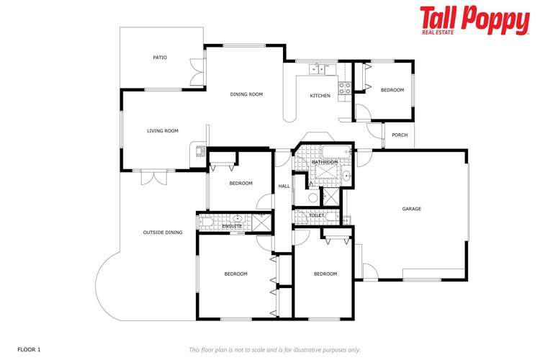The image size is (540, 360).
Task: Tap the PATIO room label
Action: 160,58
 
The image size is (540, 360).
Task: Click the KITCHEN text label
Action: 320,96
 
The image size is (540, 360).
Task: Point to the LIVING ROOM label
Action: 162,131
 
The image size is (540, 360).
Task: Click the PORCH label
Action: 400,135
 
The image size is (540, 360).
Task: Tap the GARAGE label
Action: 411,209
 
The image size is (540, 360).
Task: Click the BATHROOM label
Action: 325,163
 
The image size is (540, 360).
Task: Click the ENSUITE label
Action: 232,226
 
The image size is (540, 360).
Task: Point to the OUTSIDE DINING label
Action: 163,233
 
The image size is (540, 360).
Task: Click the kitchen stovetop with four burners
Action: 345,89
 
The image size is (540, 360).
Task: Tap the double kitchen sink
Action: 318,69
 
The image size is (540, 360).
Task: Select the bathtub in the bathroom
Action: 335,152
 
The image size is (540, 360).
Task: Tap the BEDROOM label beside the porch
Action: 392,90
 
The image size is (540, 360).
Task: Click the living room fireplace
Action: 197,150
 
